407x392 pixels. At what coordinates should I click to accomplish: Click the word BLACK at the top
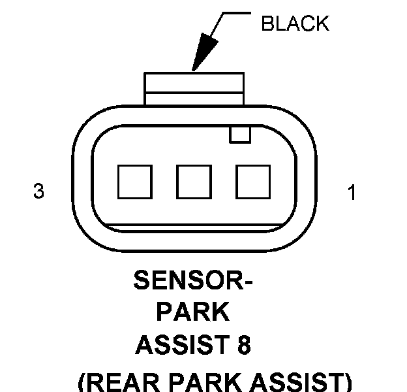click(295, 24)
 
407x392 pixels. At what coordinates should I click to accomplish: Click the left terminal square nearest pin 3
click(134, 182)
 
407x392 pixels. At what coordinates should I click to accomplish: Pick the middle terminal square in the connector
click(194, 182)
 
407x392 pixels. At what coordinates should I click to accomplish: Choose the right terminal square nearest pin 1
click(253, 182)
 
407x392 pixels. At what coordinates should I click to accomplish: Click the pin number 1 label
click(352, 193)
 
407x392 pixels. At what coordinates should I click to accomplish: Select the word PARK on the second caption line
click(193, 313)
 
